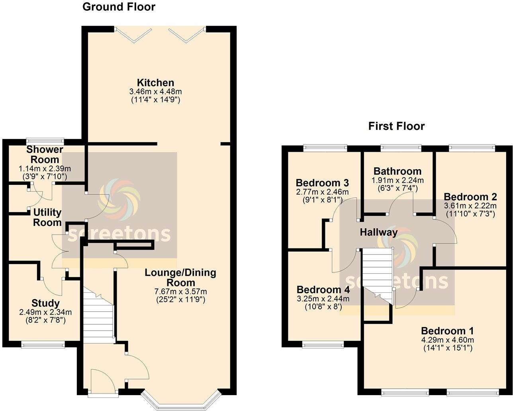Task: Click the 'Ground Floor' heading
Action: click(x=119, y=7)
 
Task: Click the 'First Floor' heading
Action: click(x=396, y=126)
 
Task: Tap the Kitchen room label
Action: click(x=156, y=83)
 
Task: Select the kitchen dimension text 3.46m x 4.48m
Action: click(x=156, y=92)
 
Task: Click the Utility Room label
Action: click(x=47, y=217)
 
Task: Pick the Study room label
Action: click(x=45, y=303)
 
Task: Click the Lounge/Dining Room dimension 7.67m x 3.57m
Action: click(x=180, y=292)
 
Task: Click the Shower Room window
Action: click(x=45, y=140)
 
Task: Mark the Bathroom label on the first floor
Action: click(x=397, y=172)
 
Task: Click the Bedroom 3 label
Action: click(x=322, y=183)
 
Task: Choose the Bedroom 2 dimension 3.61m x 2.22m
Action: click(x=470, y=206)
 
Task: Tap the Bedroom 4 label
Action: click(x=323, y=290)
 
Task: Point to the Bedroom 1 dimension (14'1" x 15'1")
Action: click(x=447, y=348)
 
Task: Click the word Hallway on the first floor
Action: click(x=378, y=232)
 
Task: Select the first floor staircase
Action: click(x=377, y=275)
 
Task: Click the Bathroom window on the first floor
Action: click(x=401, y=147)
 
